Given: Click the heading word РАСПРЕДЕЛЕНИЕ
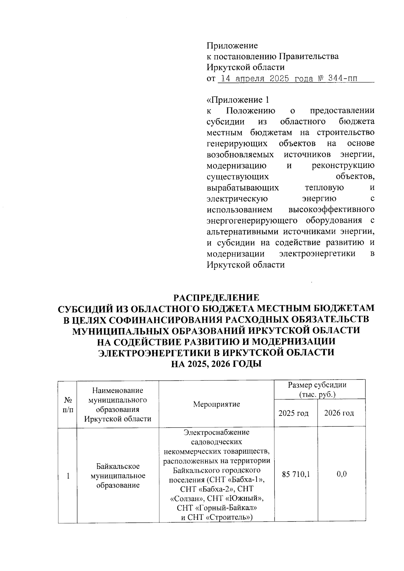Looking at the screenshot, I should coord(216,298).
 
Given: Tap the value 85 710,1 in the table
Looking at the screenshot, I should coord(296,474).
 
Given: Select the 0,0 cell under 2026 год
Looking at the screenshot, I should coord(341,474).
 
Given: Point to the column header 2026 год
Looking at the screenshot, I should coord(339,413).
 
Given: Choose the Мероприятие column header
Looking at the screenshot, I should coord(216,404).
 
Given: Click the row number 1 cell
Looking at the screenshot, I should coord(68,476).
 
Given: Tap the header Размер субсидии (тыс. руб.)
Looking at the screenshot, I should coord(317,390).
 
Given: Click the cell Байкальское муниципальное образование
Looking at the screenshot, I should coord(118,476).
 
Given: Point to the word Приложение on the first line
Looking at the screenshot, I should coord(232,45).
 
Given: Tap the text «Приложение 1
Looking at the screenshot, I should coord(238,100).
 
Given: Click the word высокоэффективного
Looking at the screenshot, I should coord(332,210).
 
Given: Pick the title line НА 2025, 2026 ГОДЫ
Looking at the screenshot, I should coord(216,364).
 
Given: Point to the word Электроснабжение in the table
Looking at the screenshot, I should coord(216,432).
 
